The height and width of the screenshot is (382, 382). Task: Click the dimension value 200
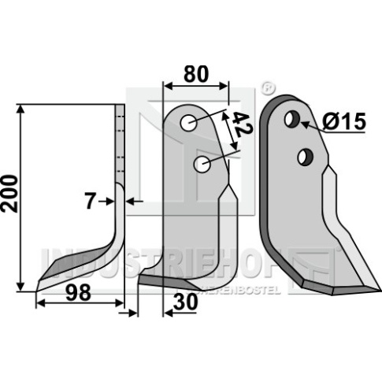[9, 194]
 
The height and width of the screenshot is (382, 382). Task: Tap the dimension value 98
[78, 293]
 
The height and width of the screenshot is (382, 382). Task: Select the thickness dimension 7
[90, 202]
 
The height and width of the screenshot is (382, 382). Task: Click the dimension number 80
[196, 74]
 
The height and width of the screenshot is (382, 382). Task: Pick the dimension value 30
[185, 302]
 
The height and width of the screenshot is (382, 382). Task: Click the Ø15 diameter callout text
[343, 121]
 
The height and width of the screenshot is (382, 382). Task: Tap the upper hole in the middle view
[188, 123]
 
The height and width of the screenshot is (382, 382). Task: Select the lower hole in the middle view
[202, 165]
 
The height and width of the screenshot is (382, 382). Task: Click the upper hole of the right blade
[292, 119]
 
